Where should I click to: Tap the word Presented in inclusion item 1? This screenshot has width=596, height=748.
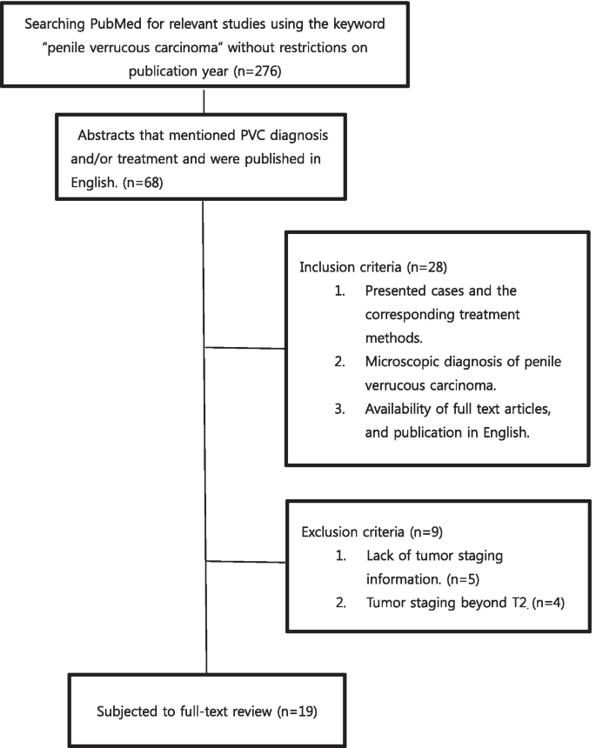pos(397,290)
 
